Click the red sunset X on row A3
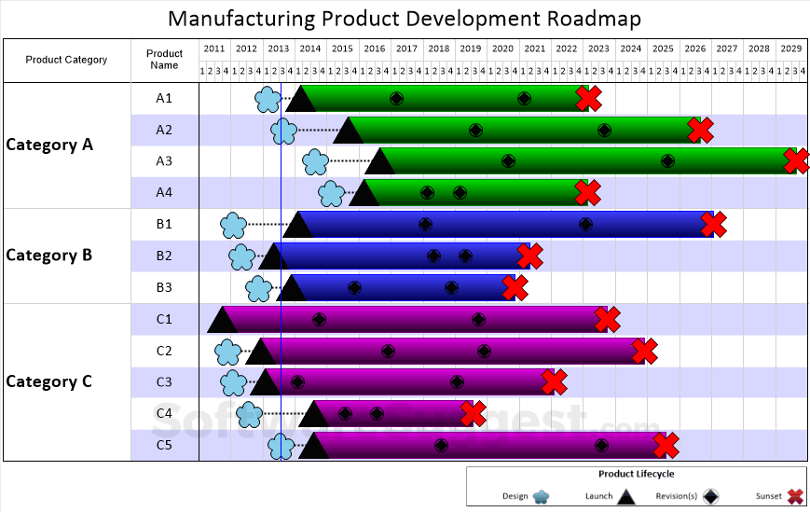(x=796, y=161)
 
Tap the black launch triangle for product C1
(x=222, y=320)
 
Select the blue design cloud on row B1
(x=233, y=225)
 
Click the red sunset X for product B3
(x=515, y=287)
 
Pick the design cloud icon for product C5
(x=281, y=447)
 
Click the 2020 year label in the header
(x=502, y=48)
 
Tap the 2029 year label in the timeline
(x=790, y=48)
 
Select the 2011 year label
(x=214, y=48)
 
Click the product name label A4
(x=164, y=192)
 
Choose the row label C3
(x=164, y=381)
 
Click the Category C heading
(x=49, y=381)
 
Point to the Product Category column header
(x=66, y=60)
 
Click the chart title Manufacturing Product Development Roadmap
(x=405, y=19)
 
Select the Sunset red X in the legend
(x=795, y=497)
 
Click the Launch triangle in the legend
(x=626, y=497)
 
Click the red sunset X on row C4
(x=473, y=413)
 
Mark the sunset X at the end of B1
(x=713, y=225)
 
